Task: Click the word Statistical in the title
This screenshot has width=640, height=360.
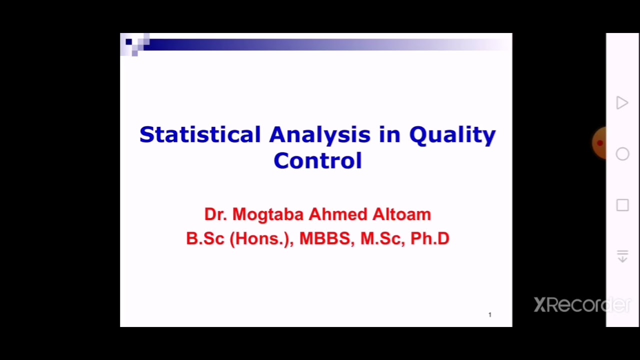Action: [200, 134]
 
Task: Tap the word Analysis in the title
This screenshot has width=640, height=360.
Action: [320, 134]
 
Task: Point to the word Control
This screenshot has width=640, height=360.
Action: [317, 160]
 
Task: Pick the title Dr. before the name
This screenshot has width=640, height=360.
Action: [215, 214]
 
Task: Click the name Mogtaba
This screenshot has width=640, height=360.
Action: [268, 214]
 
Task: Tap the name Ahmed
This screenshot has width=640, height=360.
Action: [338, 214]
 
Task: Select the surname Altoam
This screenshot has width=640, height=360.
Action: [401, 214]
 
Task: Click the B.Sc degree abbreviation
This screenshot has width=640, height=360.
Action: [205, 238]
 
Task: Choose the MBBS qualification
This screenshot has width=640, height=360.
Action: [326, 238]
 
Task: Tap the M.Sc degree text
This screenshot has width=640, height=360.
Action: [382, 238]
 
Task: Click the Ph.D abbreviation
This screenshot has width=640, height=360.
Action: [430, 238]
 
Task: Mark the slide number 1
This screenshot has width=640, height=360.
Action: [490, 314]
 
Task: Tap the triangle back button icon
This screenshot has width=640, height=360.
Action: [622, 103]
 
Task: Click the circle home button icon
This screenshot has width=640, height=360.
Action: [622, 154]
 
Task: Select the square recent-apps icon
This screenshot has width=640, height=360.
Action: [622, 205]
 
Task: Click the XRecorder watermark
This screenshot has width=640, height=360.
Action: [582, 304]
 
